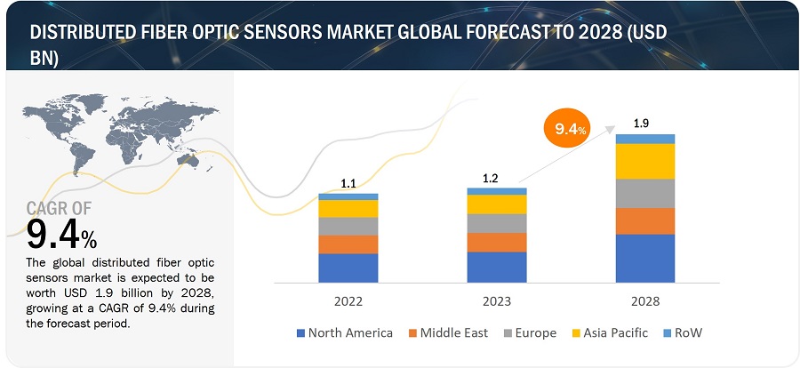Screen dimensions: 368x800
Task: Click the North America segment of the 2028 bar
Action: coord(644,258)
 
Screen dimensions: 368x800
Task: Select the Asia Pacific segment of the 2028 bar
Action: coord(644,161)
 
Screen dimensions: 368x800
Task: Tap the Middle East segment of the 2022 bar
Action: coord(348,244)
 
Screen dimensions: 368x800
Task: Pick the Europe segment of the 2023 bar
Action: coord(496,223)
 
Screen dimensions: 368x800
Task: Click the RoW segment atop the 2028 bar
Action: coord(644,139)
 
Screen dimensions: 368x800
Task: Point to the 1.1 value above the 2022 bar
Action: coord(348,184)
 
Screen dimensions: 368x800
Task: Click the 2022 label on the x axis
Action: coord(348,300)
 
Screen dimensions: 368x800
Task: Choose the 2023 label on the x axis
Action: coord(496,300)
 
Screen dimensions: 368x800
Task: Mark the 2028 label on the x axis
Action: coord(644,300)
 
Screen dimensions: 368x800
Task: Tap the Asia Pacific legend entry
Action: coord(611,333)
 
